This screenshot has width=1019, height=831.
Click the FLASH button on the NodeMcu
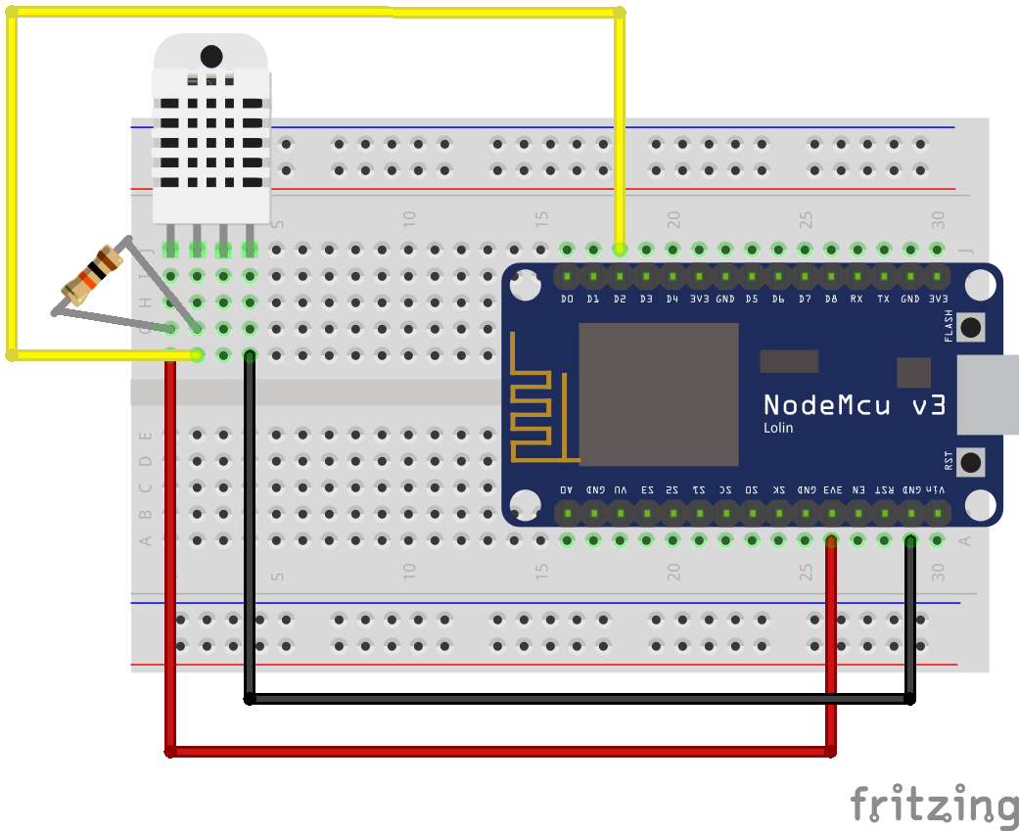point(971,327)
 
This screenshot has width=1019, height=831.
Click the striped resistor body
point(91,275)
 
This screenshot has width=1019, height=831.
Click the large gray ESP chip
point(658,393)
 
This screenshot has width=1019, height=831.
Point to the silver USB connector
point(987,394)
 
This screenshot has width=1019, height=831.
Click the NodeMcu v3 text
point(855,404)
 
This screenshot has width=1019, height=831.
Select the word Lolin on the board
point(778,428)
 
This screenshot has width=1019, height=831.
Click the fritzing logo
point(934,805)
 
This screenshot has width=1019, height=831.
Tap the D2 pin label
point(620,298)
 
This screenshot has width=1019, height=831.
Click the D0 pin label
point(567,298)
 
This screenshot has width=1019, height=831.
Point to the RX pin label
point(857,298)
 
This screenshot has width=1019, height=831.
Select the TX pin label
point(884,298)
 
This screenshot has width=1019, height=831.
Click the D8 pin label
point(831,298)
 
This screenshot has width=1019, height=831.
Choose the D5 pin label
point(752,298)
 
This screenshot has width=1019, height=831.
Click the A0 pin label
point(567,488)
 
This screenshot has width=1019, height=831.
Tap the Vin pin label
point(937,488)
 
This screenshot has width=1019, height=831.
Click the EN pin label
point(857,488)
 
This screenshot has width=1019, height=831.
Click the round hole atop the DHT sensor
point(210,55)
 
